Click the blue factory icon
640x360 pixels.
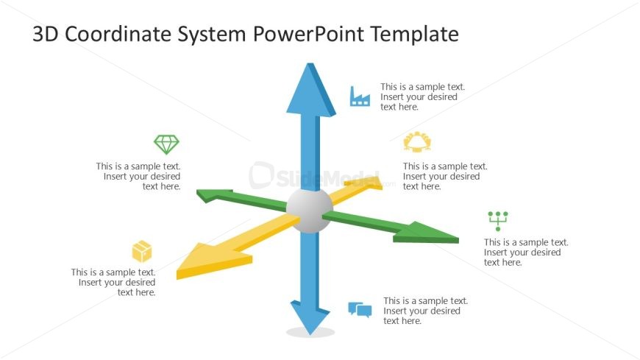[360, 96]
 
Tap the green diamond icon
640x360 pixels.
[166, 144]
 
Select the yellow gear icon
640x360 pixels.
[416, 142]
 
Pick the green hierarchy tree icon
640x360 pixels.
[498, 220]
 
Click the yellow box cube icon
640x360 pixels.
[142, 251]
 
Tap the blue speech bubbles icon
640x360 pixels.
[360, 310]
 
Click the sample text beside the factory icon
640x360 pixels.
[422, 96]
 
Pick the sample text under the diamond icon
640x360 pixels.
[138, 177]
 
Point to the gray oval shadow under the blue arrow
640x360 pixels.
[310, 333]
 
